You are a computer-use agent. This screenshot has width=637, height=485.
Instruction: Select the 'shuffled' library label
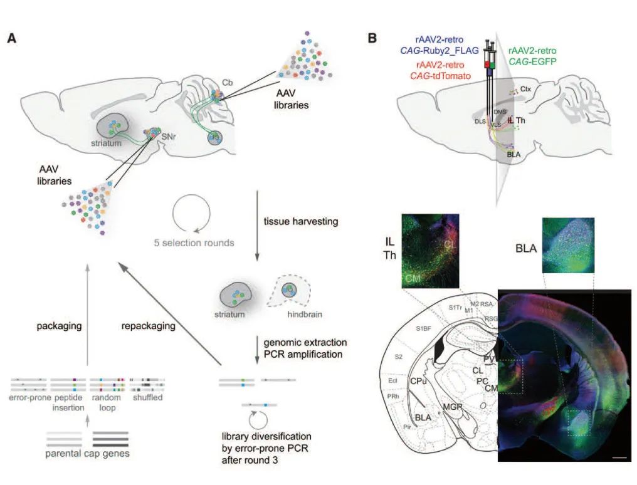coord(147,397)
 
